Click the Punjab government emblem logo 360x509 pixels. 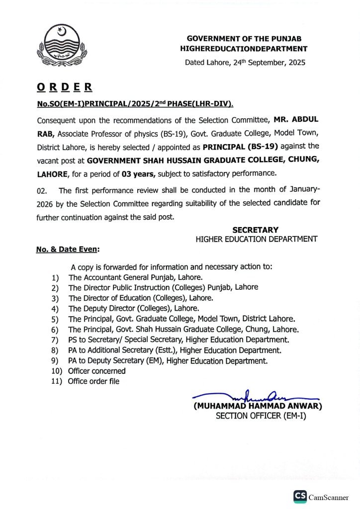[x=58, y=47]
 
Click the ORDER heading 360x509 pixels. [x=64, y=87]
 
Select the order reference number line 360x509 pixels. [x=134, y=104]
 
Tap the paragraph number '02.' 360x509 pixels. [x=42, y=191]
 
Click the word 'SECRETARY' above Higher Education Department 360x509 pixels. [x=255, y=230]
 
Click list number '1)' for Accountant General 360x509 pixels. [x=55, y=277]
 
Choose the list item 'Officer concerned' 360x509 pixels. [x=97, y=371]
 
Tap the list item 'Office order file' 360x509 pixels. [x=94, y=381]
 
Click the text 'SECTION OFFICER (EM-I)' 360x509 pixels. [x=261, y=416]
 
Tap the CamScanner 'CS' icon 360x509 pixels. [x=300, y=496]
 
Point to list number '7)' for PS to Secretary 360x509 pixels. [x=55, y=339]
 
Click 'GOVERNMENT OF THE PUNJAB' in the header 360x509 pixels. [x=244, y=38]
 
